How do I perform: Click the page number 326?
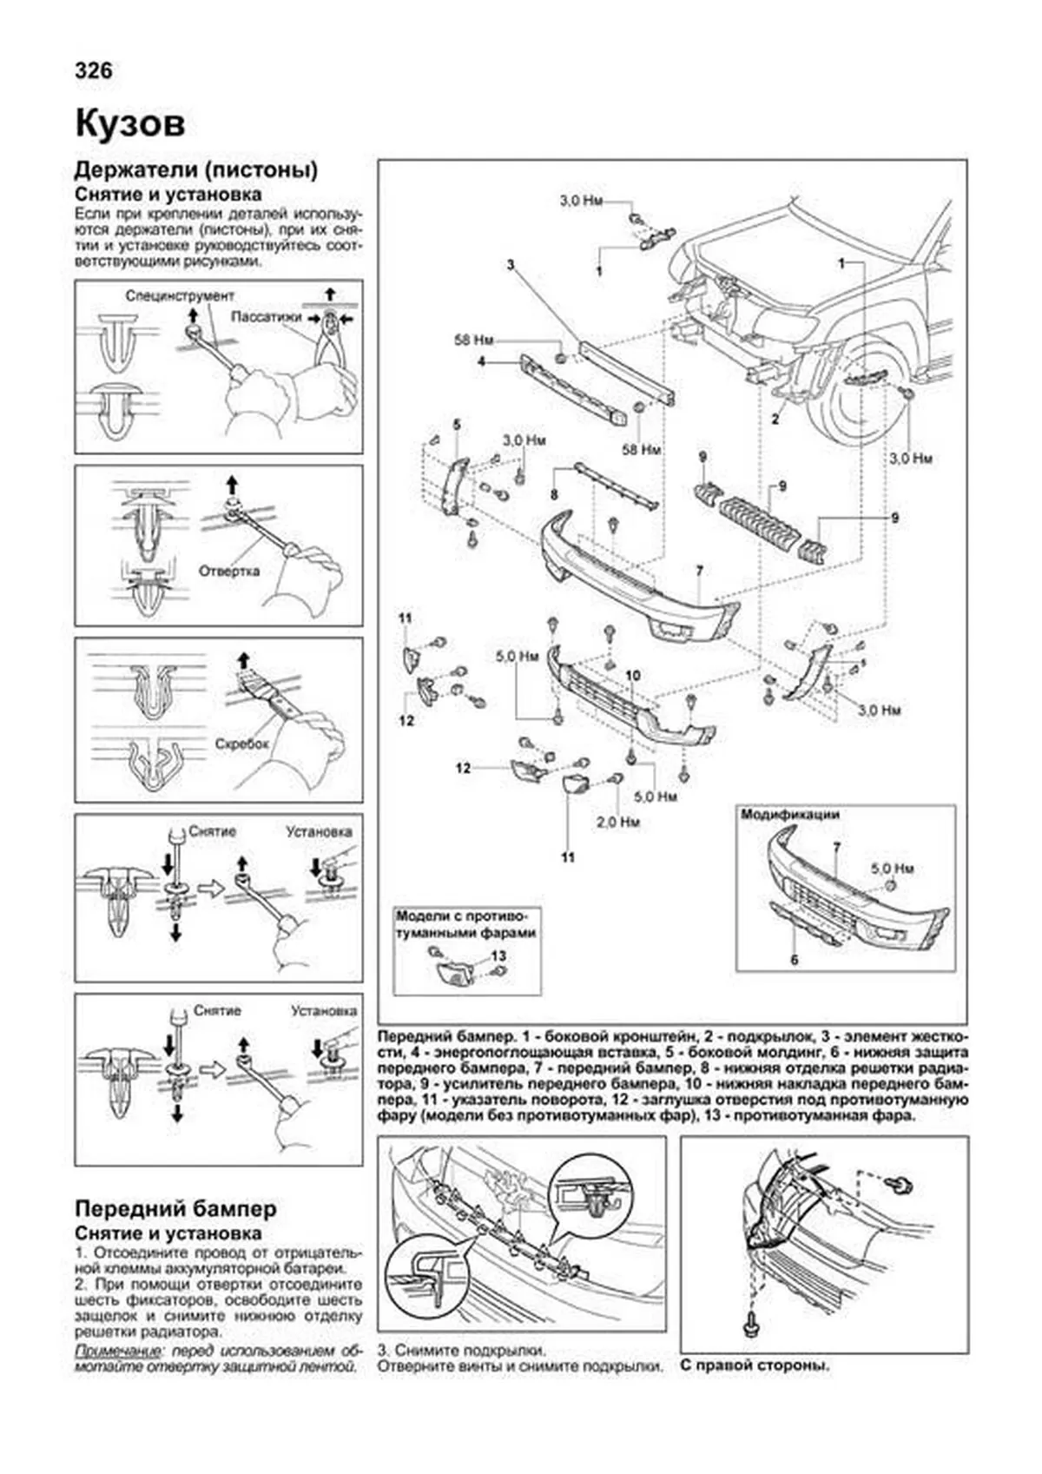pos(94,70)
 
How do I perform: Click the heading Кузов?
pos(129,123)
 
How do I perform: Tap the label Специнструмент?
pos(180,296)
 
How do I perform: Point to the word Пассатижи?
pos(265,317)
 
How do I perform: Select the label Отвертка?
pos(229,571)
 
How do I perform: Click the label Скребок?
pos(242,744)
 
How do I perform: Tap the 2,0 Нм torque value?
pos(618,821)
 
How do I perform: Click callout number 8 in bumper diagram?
pos(553,495)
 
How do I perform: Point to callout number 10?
pos(632,675)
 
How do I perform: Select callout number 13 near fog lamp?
pos(498,956)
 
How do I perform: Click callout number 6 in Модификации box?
pos(794,961)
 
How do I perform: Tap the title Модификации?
pos(789,815)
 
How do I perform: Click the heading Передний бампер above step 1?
pos(176,1208)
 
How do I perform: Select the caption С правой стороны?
pos(755,1365)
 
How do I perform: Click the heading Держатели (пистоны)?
pos(196,169)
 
